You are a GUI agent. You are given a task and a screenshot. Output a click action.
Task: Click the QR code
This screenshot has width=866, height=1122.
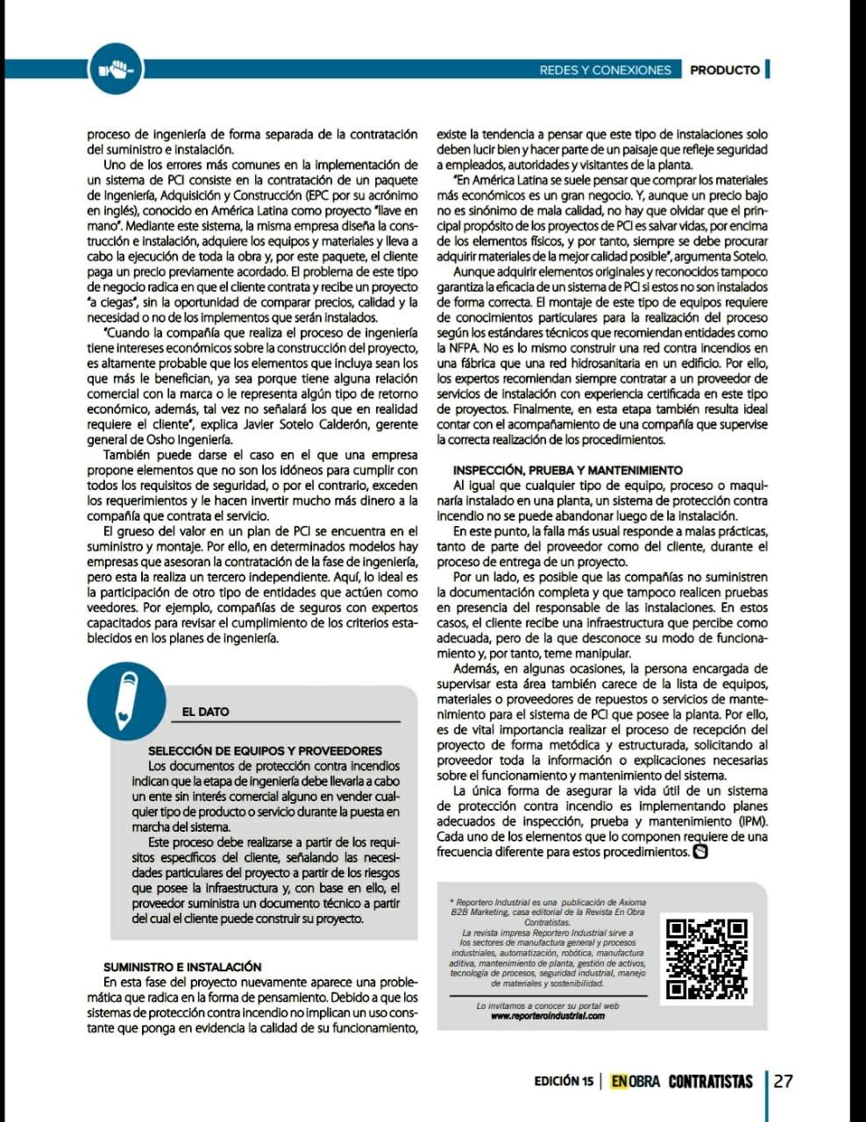(x=706, y=959)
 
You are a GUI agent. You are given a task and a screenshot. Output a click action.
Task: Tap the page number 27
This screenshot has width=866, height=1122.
(x=783, y=1081)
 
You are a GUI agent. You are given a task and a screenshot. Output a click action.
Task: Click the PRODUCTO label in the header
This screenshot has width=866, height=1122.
(x=724, y=70)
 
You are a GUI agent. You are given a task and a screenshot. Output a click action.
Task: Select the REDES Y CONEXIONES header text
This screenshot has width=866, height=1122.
(x=605, y=70)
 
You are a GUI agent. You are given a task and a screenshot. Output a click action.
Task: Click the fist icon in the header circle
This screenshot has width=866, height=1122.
(x=116, y=68)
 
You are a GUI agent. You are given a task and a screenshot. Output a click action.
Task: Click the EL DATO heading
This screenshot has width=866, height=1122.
(x=205, y=712)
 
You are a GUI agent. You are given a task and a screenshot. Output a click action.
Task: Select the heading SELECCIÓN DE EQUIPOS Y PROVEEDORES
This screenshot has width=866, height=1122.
(x=265, y=750)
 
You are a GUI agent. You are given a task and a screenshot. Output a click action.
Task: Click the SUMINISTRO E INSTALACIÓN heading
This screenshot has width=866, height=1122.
(x=182, y=966)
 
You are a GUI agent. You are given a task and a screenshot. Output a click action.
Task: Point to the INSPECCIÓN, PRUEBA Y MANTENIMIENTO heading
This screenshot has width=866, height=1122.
(x=567, y=470)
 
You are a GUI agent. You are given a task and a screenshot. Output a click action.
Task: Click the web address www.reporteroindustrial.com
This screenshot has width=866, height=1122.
(x=548, y=1016)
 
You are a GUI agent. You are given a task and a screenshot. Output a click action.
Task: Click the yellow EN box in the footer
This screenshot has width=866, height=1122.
(x=620, y=1082)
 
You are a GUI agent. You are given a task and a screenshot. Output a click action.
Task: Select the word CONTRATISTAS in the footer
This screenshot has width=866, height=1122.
(x=710, y=1082)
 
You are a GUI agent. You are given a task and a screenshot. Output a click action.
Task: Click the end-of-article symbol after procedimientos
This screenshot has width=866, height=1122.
(x=700, y=851)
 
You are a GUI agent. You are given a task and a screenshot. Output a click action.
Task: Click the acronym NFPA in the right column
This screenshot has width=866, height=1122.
(x=453, y=348)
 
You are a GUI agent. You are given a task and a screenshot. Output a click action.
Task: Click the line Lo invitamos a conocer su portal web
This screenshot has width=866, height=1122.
(x=548, y=1005)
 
